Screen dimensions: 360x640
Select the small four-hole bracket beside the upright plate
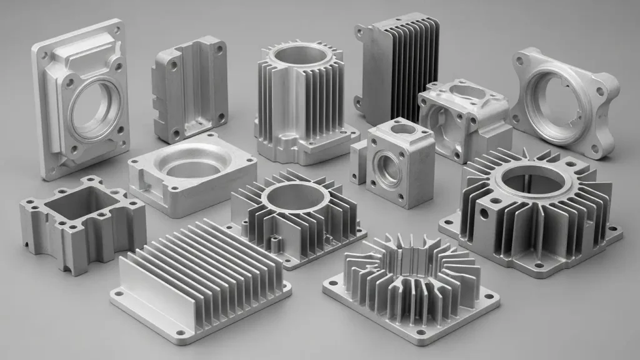(189, 87)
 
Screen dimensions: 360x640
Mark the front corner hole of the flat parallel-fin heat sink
(181, 332)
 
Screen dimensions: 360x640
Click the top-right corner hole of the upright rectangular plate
(116, 27)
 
